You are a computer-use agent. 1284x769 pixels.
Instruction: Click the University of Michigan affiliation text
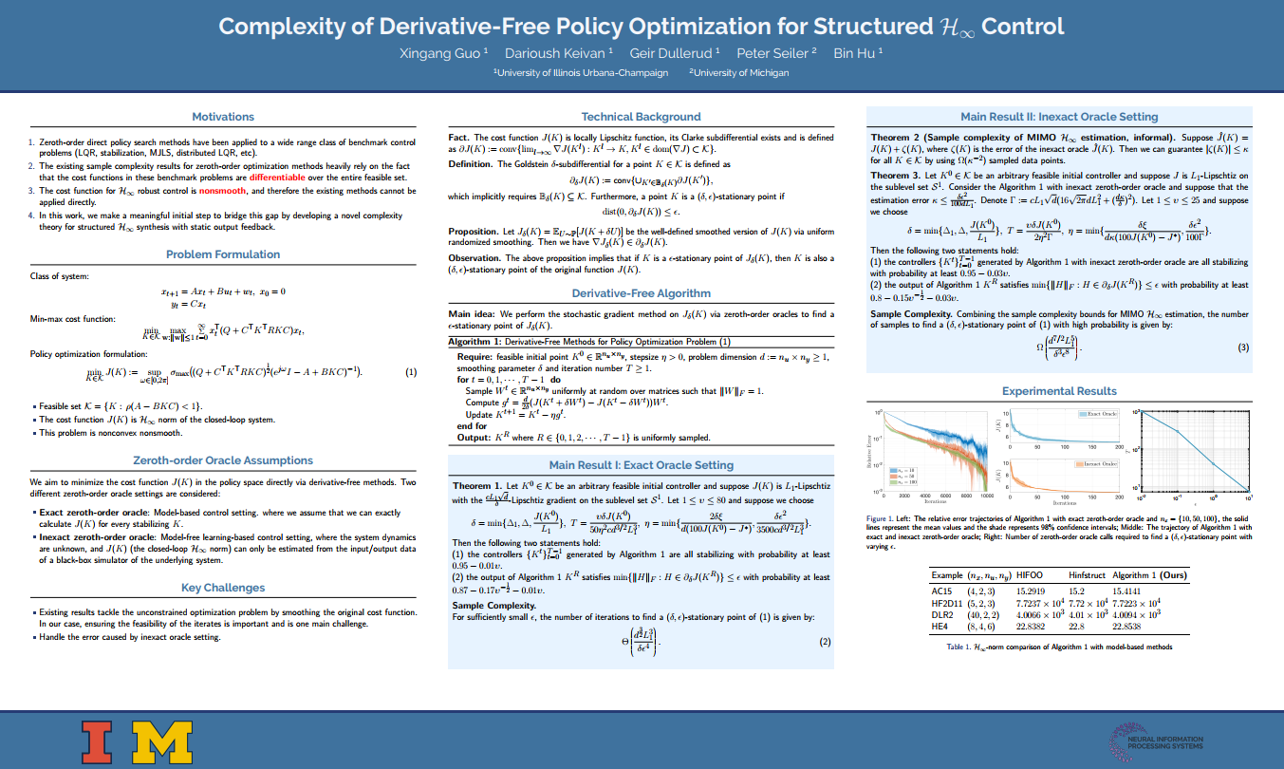pyautogui.click(x=738, y=72)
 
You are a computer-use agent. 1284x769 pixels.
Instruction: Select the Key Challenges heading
pyautogui.click(x=223, y=588)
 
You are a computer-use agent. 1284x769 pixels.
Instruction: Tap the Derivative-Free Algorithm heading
pyautogui.click(x=641, y=293)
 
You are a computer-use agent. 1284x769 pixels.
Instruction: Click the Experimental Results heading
pyautogui.click(x=1059, y=391)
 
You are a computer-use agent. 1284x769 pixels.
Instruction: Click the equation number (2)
pyautogui.click(x=825, y=642)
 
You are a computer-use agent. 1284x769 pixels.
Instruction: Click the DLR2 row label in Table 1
pyautogui.click(x=942, y=615)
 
